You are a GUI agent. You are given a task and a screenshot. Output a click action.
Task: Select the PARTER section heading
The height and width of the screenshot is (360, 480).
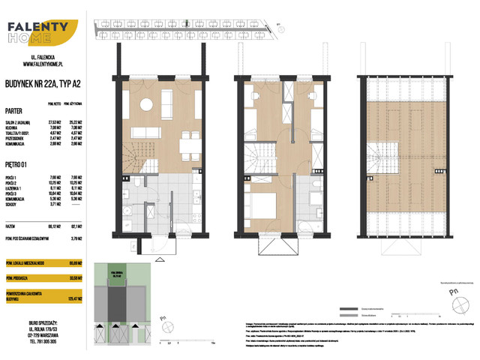pyautogui.click(x=14, y=109)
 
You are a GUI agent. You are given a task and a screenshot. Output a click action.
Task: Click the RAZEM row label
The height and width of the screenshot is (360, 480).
pyautogui.click(x=12, y=223)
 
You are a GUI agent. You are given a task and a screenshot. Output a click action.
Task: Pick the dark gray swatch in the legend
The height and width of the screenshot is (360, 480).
pyautogui.click(x=347, y=308)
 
